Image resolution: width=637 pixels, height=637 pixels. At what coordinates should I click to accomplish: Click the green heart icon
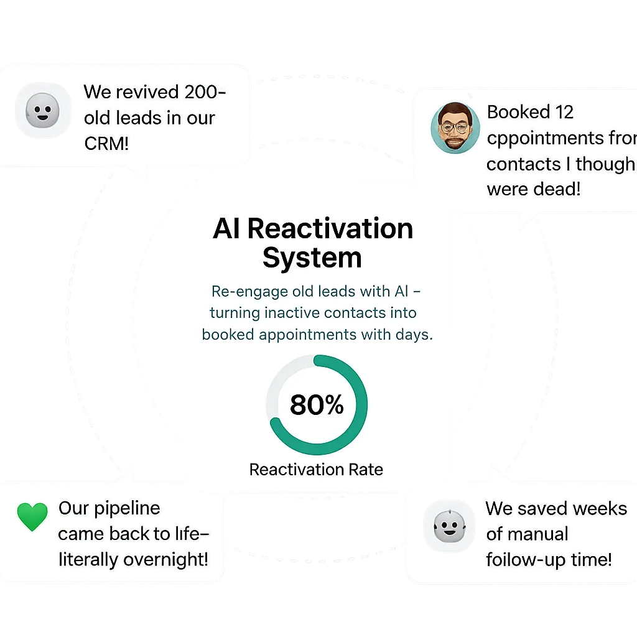tap(32, 516)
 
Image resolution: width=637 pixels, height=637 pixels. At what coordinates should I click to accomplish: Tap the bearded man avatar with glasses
tap(455, 128)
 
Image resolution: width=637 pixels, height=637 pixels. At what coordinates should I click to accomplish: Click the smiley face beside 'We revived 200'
tap(42, 112)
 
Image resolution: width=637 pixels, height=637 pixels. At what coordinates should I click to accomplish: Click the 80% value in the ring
tap(317, 405)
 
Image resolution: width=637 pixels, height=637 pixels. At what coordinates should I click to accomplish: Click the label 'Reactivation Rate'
tap(316, 470)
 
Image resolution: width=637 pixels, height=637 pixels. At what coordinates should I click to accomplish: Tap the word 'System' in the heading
tap(312, 258)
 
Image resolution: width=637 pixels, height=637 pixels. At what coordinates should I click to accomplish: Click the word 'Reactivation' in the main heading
tap(330, 228)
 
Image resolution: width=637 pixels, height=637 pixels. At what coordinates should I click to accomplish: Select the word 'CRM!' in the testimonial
tap(106, 144)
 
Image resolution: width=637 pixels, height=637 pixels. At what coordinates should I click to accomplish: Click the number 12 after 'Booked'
tap(564, 113)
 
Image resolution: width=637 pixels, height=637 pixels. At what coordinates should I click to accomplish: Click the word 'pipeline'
tap(127, 508)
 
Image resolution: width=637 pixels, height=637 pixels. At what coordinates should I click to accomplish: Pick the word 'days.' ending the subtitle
tap(414, 335)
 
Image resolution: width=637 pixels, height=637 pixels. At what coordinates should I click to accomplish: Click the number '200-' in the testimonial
tap(197, 92)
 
